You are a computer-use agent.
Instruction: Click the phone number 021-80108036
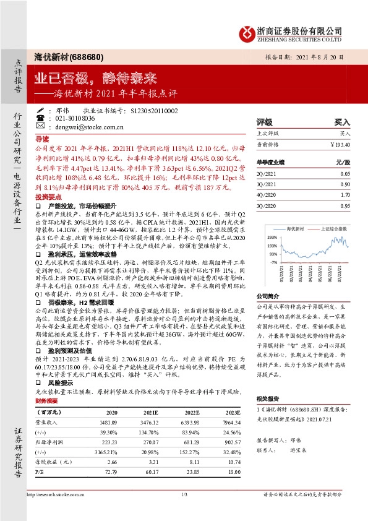71,118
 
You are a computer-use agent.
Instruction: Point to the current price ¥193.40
340,144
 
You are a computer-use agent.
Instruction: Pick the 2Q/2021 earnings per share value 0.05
344,174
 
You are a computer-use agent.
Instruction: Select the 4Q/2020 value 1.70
344,195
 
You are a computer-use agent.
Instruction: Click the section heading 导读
42,140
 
